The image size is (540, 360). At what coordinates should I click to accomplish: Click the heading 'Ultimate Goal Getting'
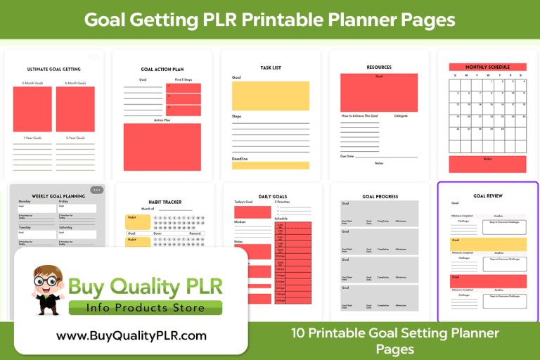click(x=53, y=69)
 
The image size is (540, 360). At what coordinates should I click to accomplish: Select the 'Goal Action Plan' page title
click(x=162, y=70)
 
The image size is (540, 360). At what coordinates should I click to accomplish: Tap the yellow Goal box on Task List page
click(x=270, y=96)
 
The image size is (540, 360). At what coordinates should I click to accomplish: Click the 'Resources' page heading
click(x=379, y=67)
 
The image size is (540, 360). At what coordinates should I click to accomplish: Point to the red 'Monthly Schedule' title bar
click(x=487, y=67)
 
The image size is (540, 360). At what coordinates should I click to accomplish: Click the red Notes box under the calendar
click(x=487, y=164)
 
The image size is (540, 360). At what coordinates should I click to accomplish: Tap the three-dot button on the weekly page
click(x=96, y=190)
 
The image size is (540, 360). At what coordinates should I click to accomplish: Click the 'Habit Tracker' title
click(x=162, y=202)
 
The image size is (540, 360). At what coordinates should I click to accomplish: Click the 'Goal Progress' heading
click(x=380, y=196)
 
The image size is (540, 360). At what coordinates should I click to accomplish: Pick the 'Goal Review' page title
click(x=487, y=195)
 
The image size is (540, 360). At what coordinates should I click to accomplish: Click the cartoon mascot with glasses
click(x=49, y=289)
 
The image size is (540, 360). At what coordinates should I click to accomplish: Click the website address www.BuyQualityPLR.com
click(x=131, y=336)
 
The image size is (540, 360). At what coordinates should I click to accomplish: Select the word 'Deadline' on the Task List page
click(x=240, y=158)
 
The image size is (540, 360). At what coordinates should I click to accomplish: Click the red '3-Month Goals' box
click(x=32, y=109)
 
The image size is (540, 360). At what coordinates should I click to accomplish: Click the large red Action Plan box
click(x=162, y=146)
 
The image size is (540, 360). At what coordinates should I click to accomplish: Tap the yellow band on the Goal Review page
click(x=487, y=243)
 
